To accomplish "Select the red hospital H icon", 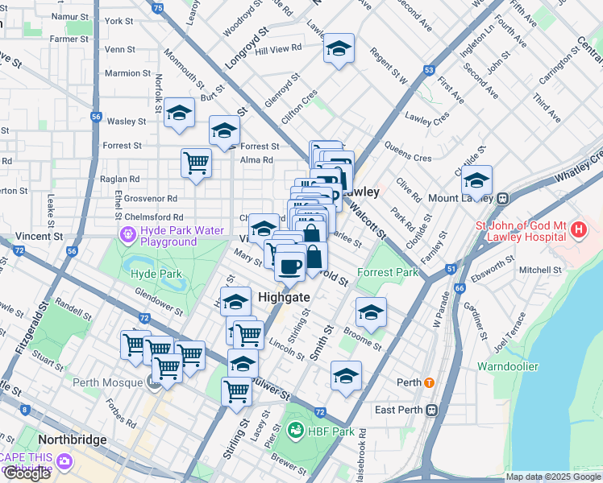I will coord(577,230).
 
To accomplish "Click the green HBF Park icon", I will coord(295,431).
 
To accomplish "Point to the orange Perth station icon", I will coord(430,382).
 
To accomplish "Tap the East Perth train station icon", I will coord(431,410).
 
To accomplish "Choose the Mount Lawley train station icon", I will coord(501,198).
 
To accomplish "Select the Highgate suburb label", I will coord(285,297).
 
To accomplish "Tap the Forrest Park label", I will coord(388,272).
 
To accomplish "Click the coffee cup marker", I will coord(289,265).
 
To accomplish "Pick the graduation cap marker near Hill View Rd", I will coord(339,48).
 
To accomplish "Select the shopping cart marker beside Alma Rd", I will coord(197,163).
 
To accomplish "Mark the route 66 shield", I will coord(460,287).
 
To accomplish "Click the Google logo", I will coord(27,473).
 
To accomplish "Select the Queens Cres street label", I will coord(408,158).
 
